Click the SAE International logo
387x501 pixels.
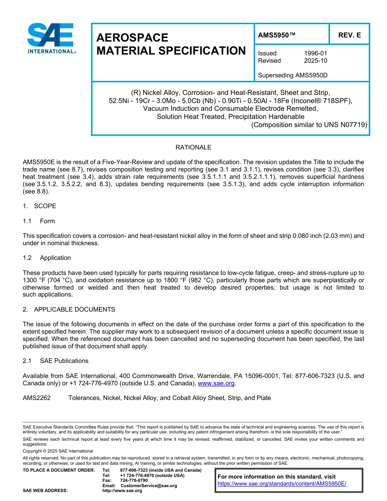click(x=51, y=38)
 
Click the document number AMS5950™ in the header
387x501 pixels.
click(x=277, y=35)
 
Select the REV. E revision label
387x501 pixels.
click(x=349, y=35)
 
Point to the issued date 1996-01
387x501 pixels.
click(x=315, y=53)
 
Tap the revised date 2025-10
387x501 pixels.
click(x=315, y=61)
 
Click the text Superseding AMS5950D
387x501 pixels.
click(x=292, y=75)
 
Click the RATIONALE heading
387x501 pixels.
click(x=193, y=147)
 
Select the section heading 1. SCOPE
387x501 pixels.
click(x=40, y=206)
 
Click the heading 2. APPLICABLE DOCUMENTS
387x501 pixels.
click(x=69, y=310)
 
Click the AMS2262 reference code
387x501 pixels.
click(x=37, y=398)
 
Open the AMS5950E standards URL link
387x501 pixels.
click(x=282, y=483)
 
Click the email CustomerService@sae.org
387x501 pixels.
click(x=149, y=486)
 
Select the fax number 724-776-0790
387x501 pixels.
click(x=134, y=481)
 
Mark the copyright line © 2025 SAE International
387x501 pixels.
click(x=58, y=451)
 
